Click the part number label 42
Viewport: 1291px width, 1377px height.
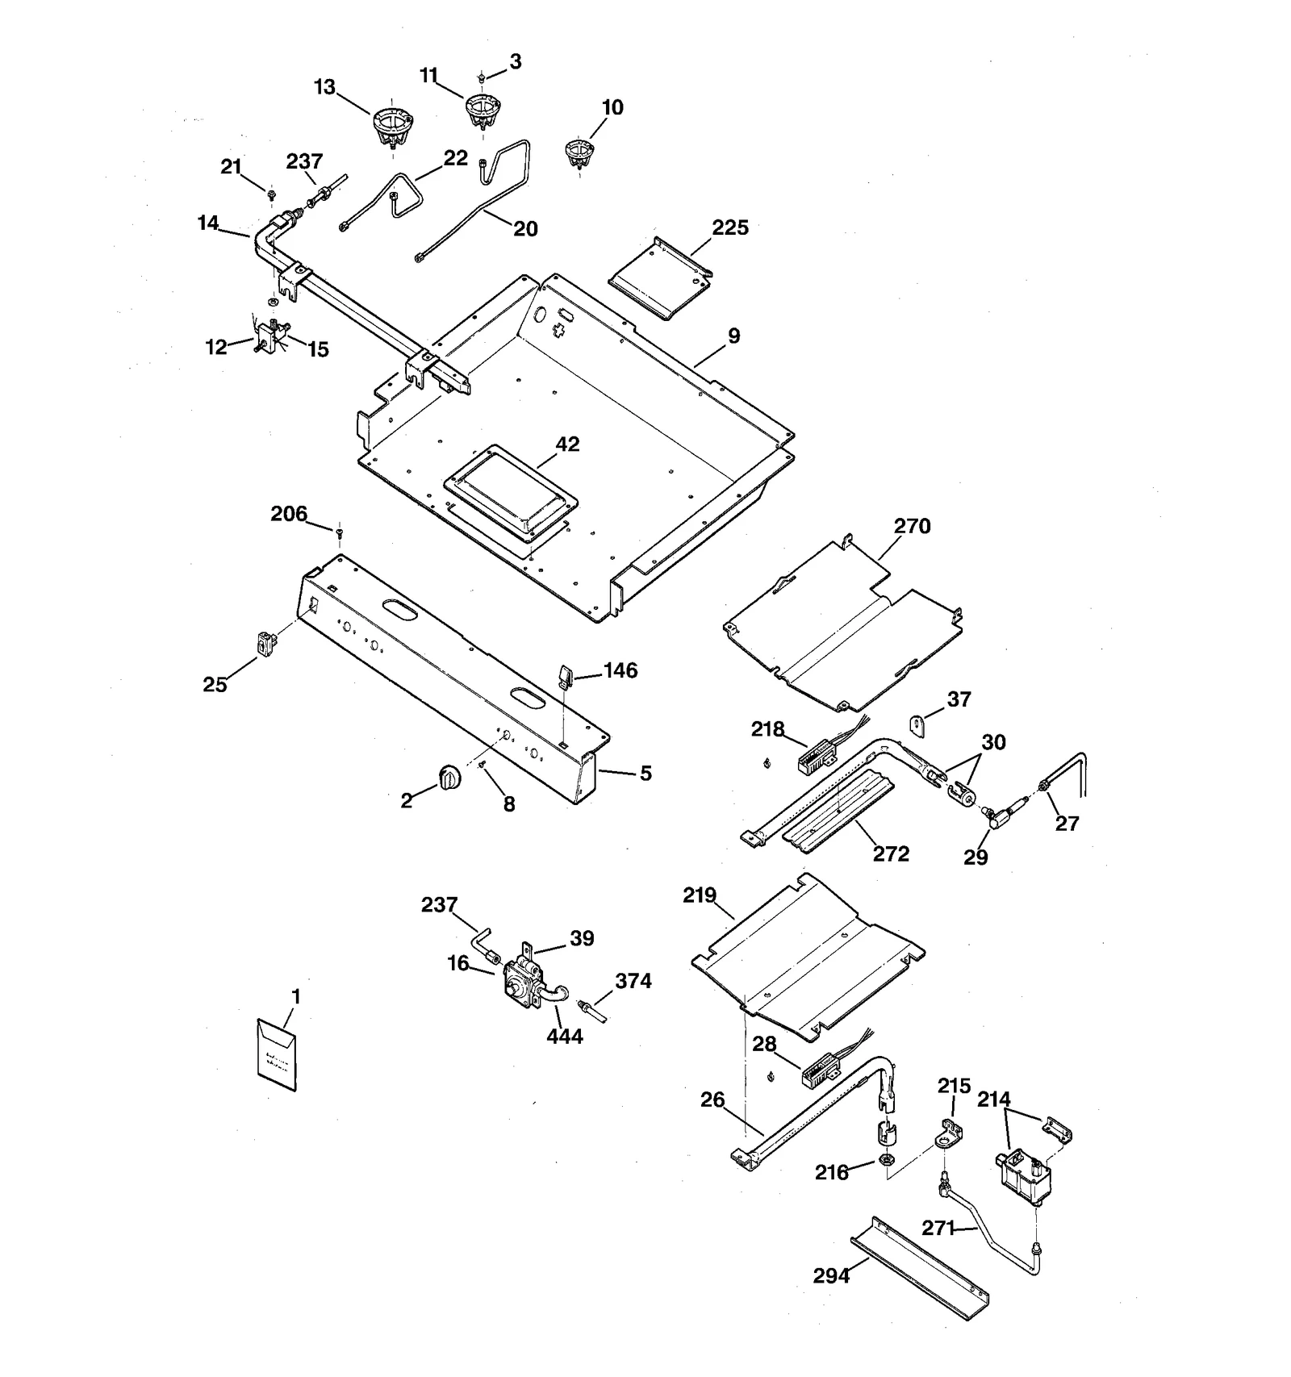[567, 444]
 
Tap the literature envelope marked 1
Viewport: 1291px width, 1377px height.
[277, 1054]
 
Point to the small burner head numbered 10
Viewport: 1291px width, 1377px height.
[579, 152]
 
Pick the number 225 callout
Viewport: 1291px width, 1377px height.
[730, 227]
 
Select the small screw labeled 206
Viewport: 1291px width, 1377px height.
[340, 530]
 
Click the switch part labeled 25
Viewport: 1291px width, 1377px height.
[264, 643]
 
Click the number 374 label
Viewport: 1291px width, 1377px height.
[633, 981]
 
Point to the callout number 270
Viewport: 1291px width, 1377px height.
[912, 526]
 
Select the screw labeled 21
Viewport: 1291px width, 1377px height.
[272, 194]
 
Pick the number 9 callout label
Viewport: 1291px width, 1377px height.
[733, 336]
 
